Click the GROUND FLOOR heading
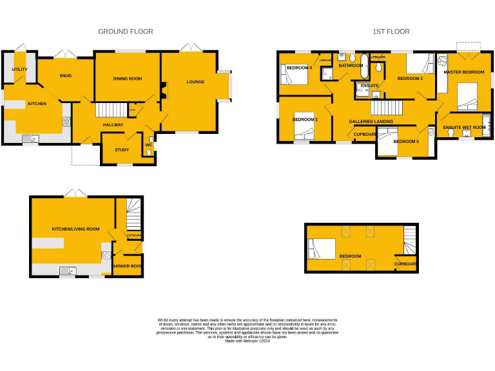[125, 32]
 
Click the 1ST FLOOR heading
[391, 32]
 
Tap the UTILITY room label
[19, 69]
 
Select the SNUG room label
[65, 76]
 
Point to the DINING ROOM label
[127, 79]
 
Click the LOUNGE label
[195, 82]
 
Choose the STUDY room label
[122, 150]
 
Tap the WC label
[149, 145]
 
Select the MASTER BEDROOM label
[464, 72]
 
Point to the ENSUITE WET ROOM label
[464, 128]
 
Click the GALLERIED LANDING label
[371, 121]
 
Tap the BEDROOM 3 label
[305, 119]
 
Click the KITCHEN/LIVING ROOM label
[75, 229]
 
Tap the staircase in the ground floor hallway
[109, 111]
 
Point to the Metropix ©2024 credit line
[248, 341]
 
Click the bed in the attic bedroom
[322, 249]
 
